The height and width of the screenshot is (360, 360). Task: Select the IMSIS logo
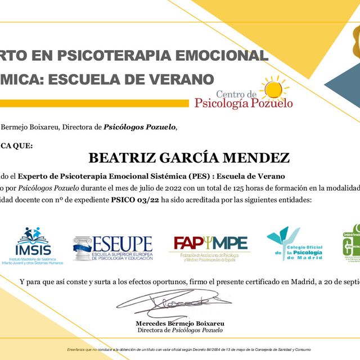[34, 245]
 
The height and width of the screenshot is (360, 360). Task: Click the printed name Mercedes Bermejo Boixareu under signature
[180, 323]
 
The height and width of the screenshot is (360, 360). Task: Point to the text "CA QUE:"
[17, 145]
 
